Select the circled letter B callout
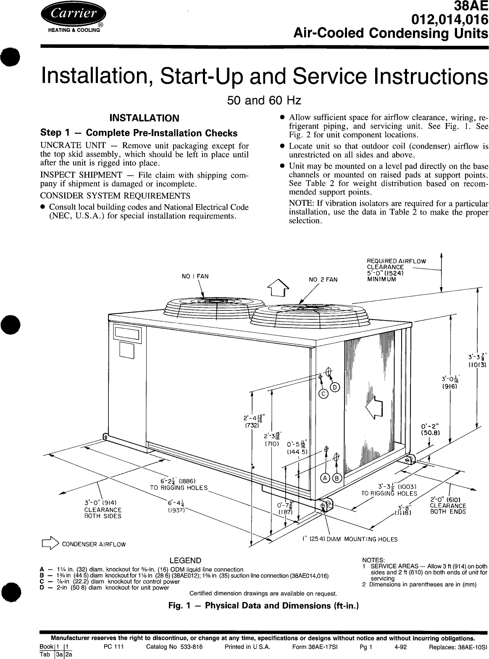point(337,478)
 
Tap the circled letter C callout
point(323,394)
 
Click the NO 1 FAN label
point(195,276)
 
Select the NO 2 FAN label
point(323,279)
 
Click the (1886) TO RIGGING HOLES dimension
point(179,484)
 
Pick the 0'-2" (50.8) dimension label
point(430,428)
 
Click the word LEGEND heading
point(185,561)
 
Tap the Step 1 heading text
point(138,133)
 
